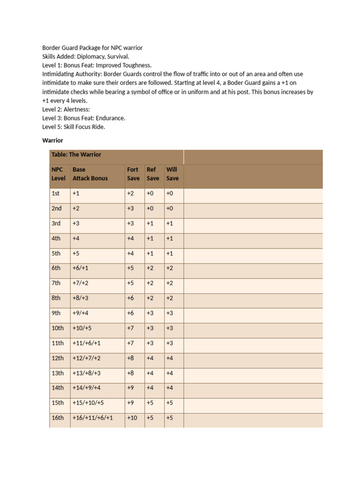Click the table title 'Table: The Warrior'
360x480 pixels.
[76, 155]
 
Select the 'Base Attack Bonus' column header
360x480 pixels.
[90, 174]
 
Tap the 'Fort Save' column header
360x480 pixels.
[133, 174]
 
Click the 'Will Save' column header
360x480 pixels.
[172, 174]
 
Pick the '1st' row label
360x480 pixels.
[56, 193]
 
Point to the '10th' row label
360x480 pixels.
[58, 328]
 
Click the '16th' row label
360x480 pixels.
[58, 418]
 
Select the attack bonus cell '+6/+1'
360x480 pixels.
[81, 268]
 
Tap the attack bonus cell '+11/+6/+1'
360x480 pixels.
[87, 343]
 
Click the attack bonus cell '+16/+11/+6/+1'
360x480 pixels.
[93, 418]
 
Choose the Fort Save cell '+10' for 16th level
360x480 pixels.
[132, 418]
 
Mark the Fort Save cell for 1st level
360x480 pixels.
[130, 193]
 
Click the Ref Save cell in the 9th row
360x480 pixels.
[150, 313]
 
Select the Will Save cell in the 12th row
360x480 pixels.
[170, 358]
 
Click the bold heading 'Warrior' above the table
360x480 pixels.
[52, 140]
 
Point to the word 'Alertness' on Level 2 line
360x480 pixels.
[75, 109]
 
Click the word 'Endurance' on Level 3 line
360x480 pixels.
[111, 118]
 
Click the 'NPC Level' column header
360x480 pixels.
[59, 174]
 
